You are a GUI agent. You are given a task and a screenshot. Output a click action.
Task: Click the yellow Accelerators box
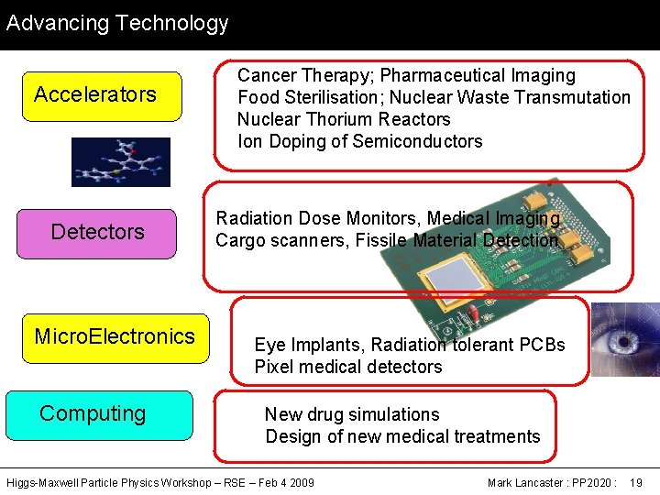point(102,95)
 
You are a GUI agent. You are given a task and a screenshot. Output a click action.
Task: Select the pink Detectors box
point(97,233)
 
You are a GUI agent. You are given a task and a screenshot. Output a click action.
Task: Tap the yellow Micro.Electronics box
point(115,336)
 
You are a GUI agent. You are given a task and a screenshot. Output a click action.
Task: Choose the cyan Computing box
point(99,414)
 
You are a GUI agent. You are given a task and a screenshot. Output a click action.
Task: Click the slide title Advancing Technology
point(117,23)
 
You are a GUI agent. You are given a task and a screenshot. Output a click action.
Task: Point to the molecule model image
point(121,161)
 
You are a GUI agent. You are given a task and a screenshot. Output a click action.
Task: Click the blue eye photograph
point(625,338)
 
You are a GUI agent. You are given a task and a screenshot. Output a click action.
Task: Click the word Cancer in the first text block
point(267,76)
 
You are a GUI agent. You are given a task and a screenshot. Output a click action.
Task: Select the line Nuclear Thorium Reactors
point(344,119)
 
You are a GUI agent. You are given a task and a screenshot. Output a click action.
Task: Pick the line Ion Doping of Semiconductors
point(359,141)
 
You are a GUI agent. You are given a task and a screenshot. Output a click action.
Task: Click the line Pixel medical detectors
point(348,368)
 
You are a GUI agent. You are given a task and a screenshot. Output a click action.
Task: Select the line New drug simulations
point(352,415)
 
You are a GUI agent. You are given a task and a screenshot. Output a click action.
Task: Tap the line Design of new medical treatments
point(402,437)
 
